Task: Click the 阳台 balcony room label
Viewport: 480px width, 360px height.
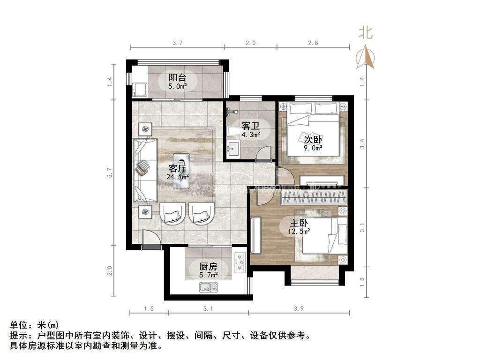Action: (178, 77)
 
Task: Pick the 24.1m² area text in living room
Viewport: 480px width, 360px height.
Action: (178, 177)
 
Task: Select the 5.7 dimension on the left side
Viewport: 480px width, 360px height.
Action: (110, 172)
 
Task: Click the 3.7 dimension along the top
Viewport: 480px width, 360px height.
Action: (177, 43)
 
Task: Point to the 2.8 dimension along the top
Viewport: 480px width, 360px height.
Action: (313, 43)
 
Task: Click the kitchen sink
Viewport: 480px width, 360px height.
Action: (209, 287)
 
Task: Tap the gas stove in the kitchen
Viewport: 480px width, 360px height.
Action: (239, 263)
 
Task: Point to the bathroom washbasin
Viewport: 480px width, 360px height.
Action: (232, 149)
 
